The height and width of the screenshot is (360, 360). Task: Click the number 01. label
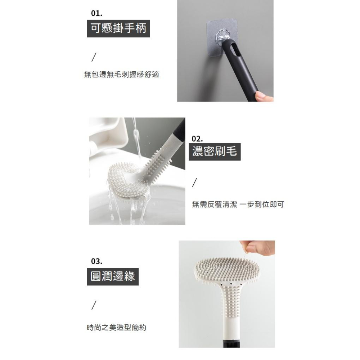click(97, 14)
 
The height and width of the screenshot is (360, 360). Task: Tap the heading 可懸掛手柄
click(118, 28)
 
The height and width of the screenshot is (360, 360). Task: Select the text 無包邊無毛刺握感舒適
click(121, 75)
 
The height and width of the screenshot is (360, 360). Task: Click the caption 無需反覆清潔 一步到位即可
click(238, 204)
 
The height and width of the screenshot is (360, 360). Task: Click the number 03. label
click(96, 261)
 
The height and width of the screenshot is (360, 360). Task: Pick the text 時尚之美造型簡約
click(117, 328)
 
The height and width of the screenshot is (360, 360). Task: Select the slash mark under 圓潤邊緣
click(94, 305)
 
